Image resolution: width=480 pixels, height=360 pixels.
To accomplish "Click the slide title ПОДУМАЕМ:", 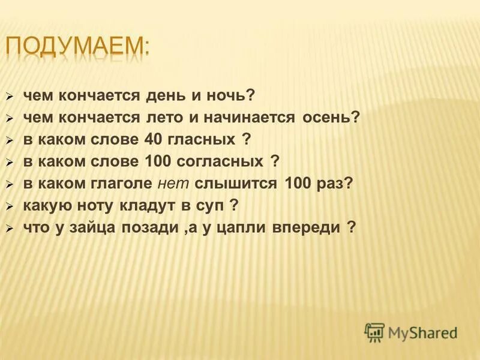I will (78, 47).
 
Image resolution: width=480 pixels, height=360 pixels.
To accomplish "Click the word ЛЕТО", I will (167, 118).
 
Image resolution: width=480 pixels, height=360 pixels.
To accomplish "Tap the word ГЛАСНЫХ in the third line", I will (199, 140).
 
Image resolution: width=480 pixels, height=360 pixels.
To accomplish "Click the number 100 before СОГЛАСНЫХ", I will (157, 161).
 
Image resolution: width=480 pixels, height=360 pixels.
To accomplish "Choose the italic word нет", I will (174, 184).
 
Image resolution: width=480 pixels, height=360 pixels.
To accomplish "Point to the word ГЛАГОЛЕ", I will (124, 184).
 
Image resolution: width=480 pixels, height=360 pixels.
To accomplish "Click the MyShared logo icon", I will (374, 331).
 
